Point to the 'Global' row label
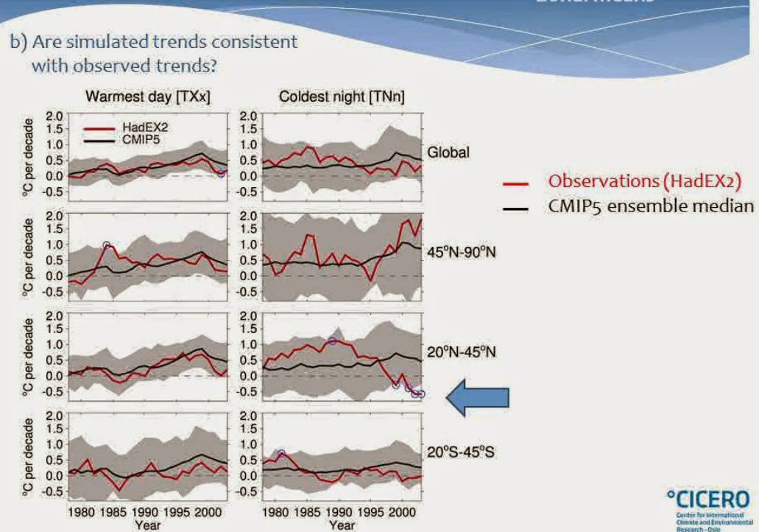pyautogui.click(x=448, y=153)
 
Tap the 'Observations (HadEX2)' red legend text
pyautogui.click(x=644, y=181)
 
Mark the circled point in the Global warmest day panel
pyautogui.click(x=221, y=173)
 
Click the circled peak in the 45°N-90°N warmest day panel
pyautogui.click(x=107, y=245)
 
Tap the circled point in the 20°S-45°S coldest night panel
pyautogui.click(x=281, y=453)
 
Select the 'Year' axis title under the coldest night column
pyautogui.click(x=342, y=525)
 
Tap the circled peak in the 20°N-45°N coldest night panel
pyautogui.click(x=333, y=341)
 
